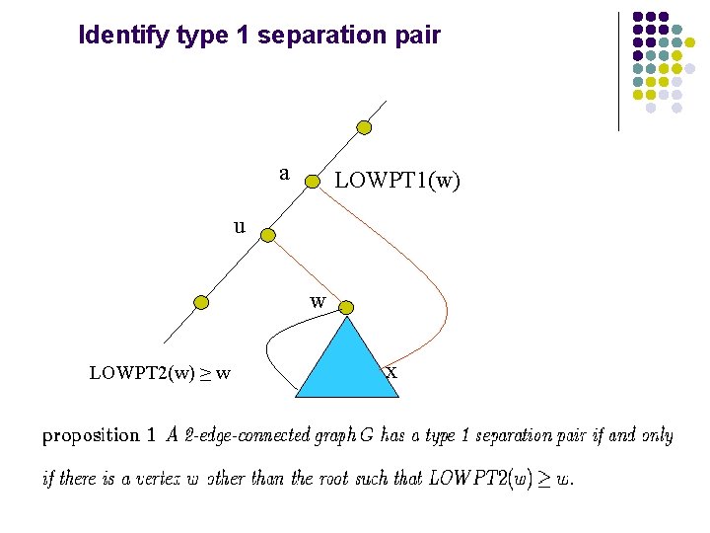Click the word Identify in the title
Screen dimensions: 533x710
[124, 37]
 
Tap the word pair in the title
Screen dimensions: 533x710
[417, 37]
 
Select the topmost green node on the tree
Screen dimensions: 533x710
[364, 127]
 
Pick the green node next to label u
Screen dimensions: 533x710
[267, 235]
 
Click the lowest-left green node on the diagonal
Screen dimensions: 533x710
[201, 302]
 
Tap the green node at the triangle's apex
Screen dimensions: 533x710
[346, 309]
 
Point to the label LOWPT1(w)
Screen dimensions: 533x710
[397, 181]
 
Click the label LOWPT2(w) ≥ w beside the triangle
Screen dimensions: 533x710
[160, 373]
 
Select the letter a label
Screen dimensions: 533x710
[284, 174]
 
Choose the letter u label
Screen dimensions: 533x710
[240, 226]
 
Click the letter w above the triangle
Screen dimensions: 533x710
[318, 301]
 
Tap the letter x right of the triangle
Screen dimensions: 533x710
[391, 372]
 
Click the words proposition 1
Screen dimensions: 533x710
[99, 435]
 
